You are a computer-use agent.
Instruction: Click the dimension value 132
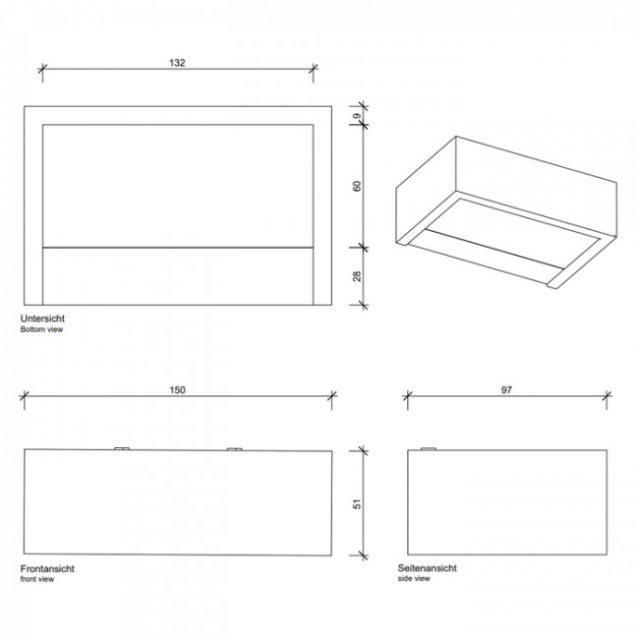point(178,62)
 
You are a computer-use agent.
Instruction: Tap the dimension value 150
point(178,389)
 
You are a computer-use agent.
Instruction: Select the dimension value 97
point(506,389)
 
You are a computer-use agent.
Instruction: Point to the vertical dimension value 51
point(357,501)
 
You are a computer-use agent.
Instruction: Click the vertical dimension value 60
point(357,186)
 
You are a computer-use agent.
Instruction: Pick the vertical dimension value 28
point(357,276)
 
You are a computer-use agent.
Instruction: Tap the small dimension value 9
point(357,117)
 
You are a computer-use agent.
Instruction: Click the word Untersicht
point(42,320)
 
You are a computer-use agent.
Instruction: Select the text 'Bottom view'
point(42,331)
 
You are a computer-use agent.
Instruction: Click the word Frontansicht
point(47,569)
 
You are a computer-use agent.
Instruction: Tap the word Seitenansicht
point(428,568)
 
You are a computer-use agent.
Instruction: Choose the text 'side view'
point(414,579)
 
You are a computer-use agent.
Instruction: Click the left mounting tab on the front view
point(123,448)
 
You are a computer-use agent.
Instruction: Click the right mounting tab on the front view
point(234,448)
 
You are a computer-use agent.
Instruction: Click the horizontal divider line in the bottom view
point(178,246)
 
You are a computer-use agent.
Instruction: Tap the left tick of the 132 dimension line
point(42,70)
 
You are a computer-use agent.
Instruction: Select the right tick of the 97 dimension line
point(605,397)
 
